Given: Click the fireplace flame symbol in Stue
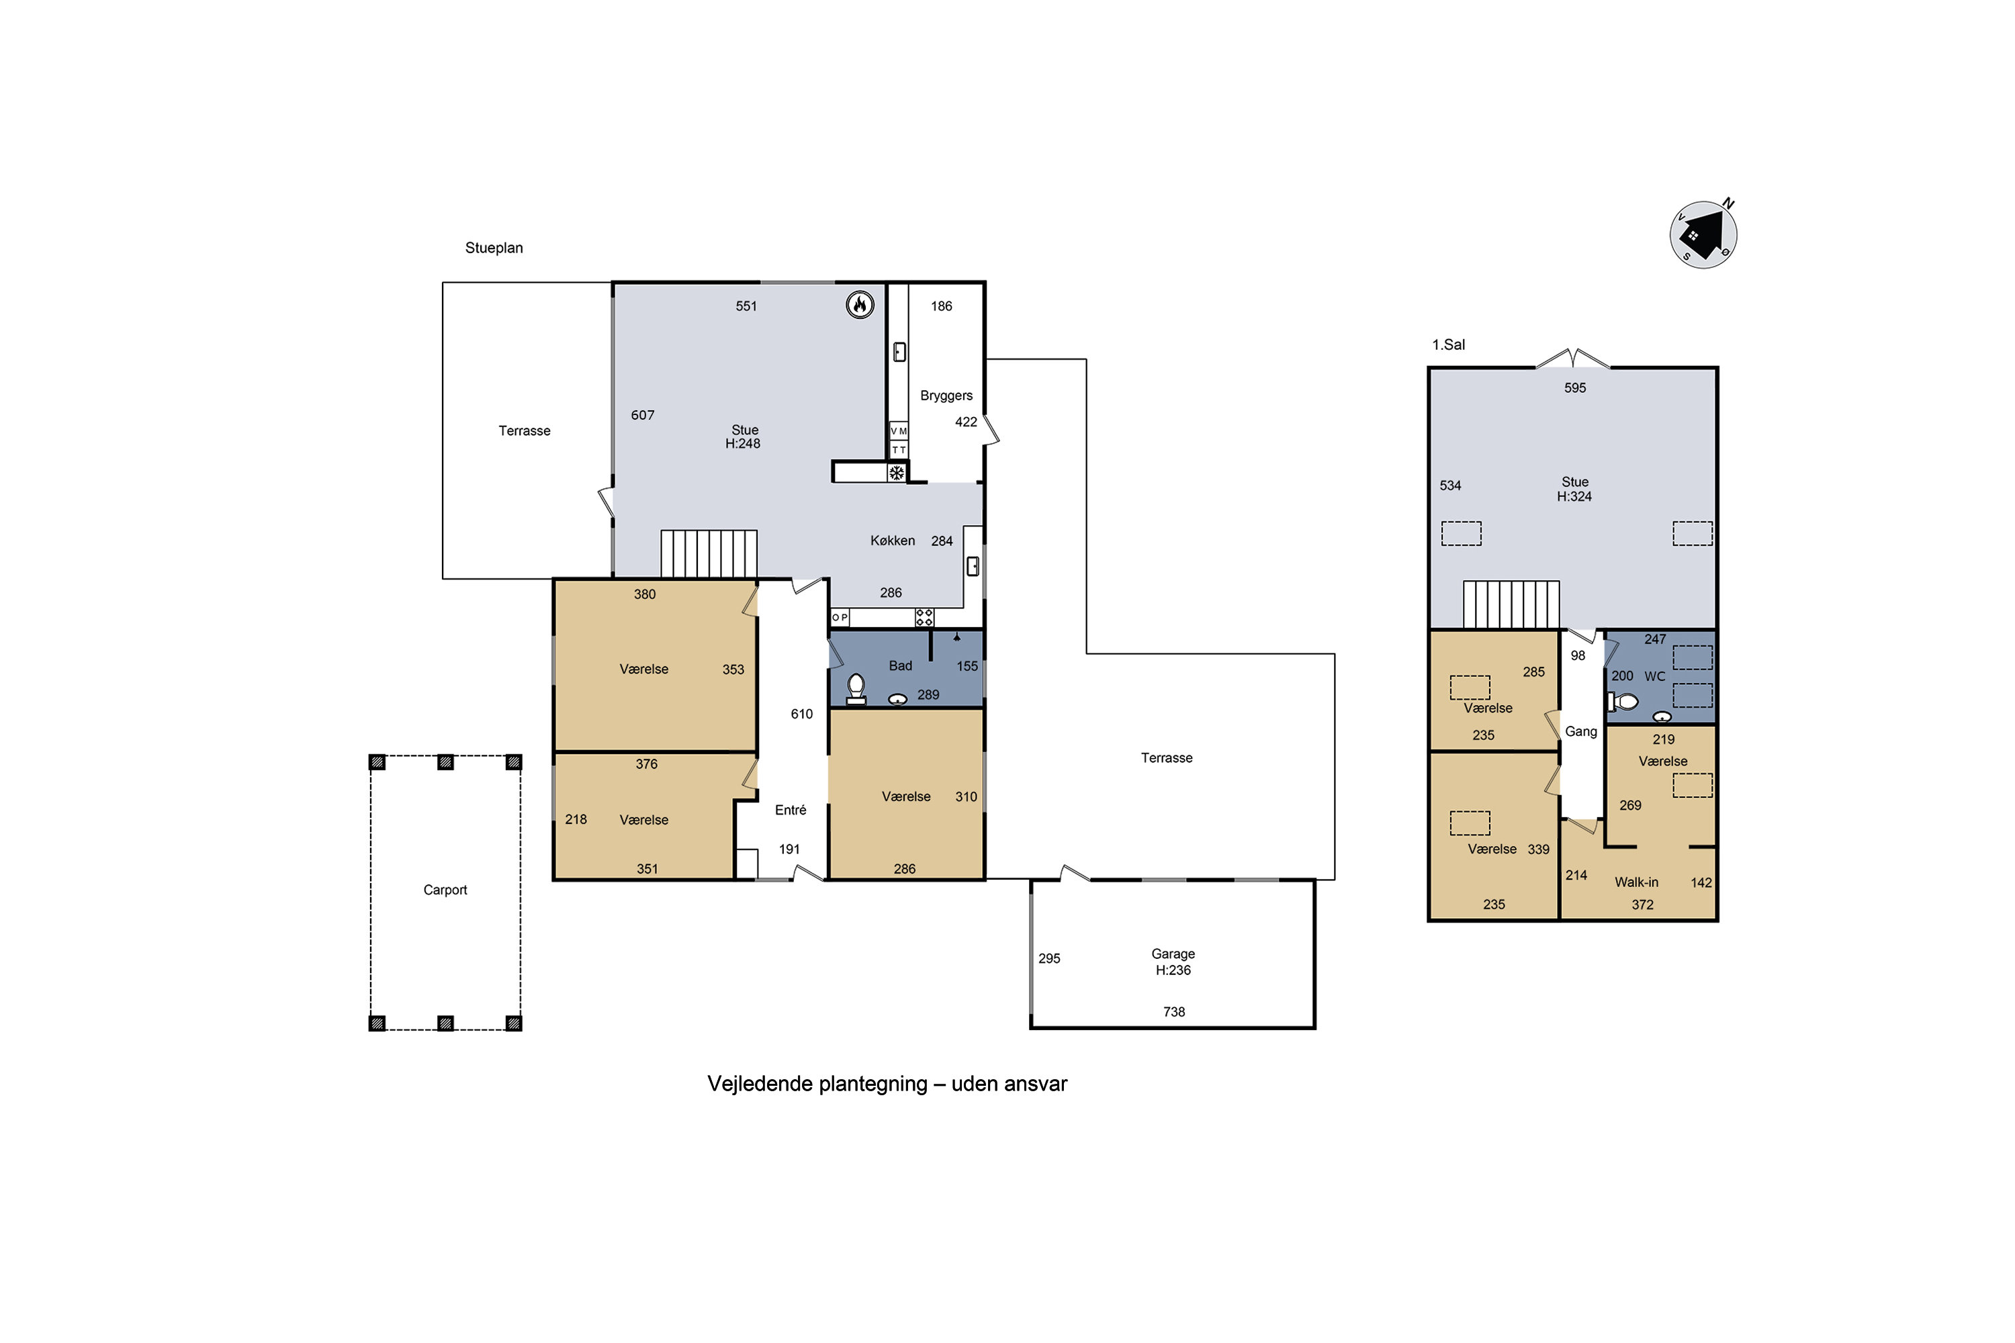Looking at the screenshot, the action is (x=860, y=305).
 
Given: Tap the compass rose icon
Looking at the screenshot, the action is (x=1703, y=234).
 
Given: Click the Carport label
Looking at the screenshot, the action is (x=445, y=890).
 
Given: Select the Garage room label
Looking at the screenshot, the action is (x=1173, y=954).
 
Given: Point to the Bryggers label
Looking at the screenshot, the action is (x=946, y=396).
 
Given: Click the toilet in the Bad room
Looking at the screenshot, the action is (x=856, y=689).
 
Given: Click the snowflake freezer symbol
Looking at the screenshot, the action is (x=896, y=473).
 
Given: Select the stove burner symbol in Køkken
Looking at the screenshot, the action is (x=924, y=616).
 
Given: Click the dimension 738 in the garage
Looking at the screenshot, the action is (x=1173, y=1011).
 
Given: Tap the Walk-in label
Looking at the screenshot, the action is (x=1636, y=882).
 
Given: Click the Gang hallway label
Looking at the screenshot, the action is (x=1580, y=731).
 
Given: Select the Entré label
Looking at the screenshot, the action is (x=790, y=811).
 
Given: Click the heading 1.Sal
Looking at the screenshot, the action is (x=1449, y=344).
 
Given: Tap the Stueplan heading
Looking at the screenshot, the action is (x=494, y=248).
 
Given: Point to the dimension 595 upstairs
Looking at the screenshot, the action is (x=1574, y=388).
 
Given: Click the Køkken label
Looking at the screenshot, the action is (x=892, y=541).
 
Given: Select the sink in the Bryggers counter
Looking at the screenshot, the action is (x=899, y=351).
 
